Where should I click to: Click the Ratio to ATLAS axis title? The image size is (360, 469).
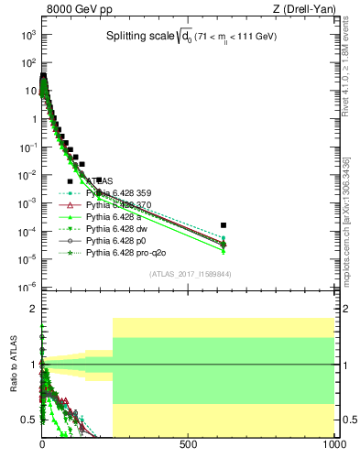click(x=14, y=364)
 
